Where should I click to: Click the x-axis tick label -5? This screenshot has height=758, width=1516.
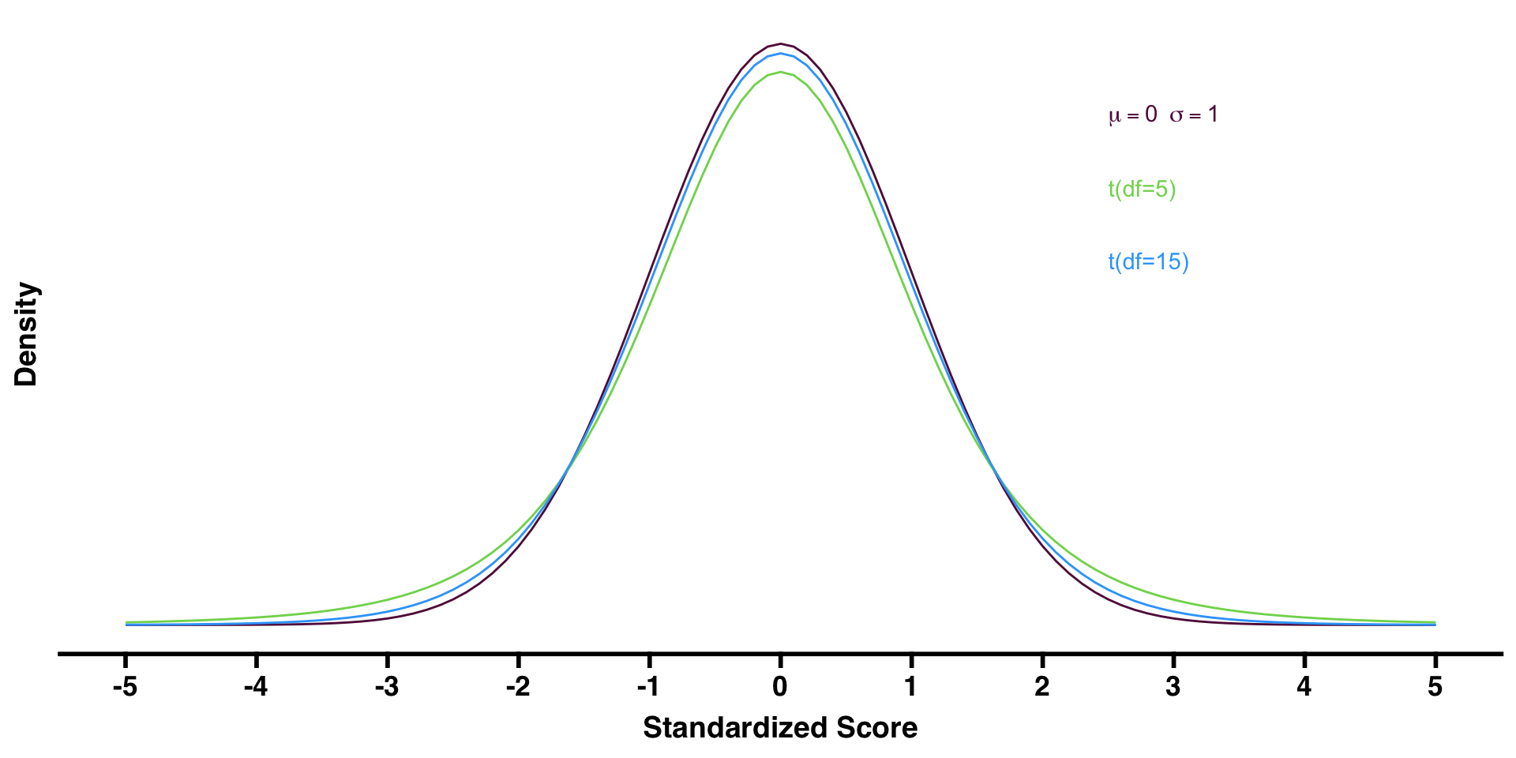coord(125,687)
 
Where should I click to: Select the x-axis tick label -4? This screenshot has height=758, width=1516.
coord(256,687)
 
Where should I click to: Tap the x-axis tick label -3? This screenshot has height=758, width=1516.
coord(387,687)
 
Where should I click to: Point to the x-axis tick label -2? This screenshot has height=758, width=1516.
coord(518,687)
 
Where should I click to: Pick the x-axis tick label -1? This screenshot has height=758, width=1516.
coord(648,687)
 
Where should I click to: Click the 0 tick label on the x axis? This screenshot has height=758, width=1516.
coord(780,687)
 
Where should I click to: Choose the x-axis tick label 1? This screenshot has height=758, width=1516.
coord(911,687)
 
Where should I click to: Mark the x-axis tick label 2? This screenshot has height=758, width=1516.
coord(1042,687)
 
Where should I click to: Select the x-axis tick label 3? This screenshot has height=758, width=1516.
coord(1173,687)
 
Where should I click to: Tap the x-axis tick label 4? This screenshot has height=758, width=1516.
coord(1304,687)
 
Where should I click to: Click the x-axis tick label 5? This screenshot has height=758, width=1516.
coord(1435,687)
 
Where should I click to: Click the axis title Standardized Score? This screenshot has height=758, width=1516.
coord(780,727)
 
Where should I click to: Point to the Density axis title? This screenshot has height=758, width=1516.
coord(27,334)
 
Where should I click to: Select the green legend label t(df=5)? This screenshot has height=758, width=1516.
coord(1142,189)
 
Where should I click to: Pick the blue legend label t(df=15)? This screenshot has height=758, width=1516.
coord(1148,262)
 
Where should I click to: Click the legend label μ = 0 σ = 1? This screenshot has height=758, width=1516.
coord(1163,115)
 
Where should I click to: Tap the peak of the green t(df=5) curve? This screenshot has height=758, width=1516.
coord(780,72)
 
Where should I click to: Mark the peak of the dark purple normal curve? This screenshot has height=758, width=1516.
coord(780,43)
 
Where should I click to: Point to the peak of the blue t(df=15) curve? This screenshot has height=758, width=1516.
coord(780,53)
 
